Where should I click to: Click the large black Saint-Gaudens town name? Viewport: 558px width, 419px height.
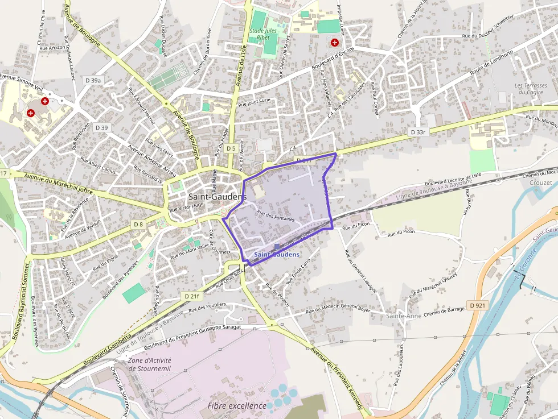(217, 196)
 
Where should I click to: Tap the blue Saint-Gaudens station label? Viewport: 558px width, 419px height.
(277, 254)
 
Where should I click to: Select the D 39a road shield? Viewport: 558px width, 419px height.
(93, 81)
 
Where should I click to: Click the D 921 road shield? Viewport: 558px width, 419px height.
(478, 305)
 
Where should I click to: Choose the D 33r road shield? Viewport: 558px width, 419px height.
(418, 132)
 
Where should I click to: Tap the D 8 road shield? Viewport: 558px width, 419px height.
(138, 225)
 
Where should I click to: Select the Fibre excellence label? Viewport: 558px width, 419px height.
(236, 405)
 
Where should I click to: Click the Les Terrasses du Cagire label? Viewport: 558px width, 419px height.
(531, 89)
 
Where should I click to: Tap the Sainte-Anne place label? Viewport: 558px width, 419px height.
(403, 316)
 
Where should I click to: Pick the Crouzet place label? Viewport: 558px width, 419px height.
(540, 182)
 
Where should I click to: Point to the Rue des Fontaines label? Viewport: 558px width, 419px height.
(276, 215)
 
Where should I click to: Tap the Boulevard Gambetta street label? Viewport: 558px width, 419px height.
(108, 348)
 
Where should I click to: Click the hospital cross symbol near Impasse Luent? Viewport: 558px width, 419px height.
(334, 43)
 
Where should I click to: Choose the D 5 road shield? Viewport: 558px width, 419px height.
(230, 148)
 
